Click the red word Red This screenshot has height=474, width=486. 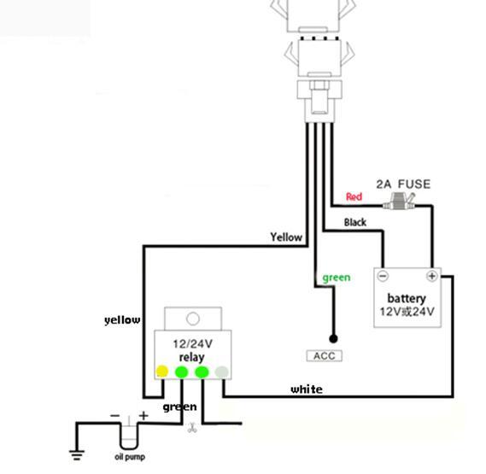(x=354, y=196)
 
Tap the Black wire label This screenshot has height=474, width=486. (x=355, y=222)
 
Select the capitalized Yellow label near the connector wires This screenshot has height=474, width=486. (x=286, y=237)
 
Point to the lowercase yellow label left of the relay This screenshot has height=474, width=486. (x=122, y=320)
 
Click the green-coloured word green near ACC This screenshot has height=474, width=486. (x=337, y=278)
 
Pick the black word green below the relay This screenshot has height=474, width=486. (x=179, y=407)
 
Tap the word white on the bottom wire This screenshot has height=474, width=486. (x=307, y=389)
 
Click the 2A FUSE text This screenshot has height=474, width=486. (x=403, y=184)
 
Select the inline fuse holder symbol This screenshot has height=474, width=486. (x=399, y=202)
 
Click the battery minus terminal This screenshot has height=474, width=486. (x=384, y=276)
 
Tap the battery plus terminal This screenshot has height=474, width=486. (x=431, y=276)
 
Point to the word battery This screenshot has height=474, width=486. (x=407, y=299)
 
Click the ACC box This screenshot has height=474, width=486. (x=325, y=355)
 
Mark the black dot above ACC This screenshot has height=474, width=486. (x=333, y=338)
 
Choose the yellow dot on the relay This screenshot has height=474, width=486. (x=162, y=371)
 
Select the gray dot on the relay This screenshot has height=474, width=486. (x=221, y=372)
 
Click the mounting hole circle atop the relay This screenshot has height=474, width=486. (x=193, y=319)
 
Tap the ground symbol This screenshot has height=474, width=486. (x=77, y=455)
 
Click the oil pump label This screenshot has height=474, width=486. (x=130, y=457)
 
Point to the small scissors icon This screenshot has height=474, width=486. (x=192, y=428)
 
